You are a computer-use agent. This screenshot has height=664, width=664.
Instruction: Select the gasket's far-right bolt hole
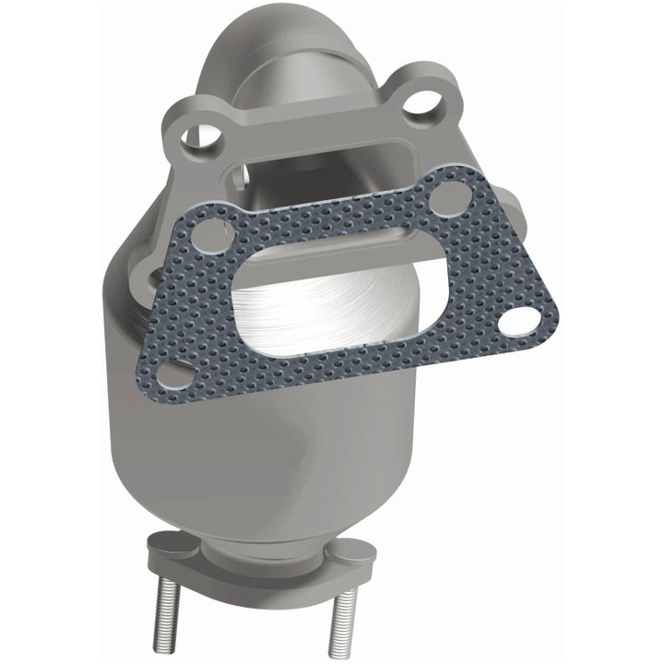click(x=523, y=320)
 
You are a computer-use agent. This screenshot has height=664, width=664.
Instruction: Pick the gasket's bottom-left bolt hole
click(x=172, y=374)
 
